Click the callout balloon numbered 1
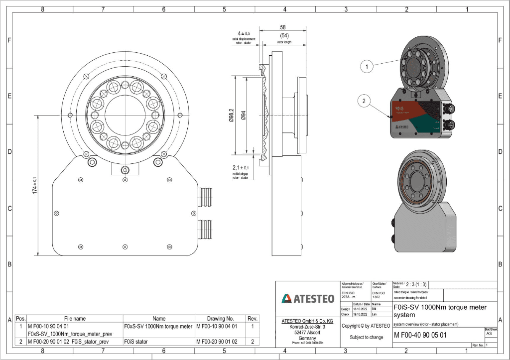(366, 65)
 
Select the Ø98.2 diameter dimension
(231, 117)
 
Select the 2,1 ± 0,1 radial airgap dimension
(241, 168)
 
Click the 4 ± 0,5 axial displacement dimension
(243, 33)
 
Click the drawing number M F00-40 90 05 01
(420, 336)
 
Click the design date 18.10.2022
(360, 309)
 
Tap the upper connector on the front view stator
(205, 193)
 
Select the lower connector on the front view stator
(205, 230)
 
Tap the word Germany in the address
(307, 338)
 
